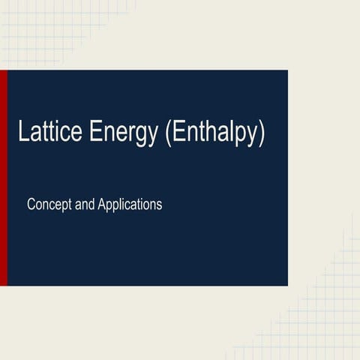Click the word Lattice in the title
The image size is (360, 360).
pyautogui.click(x=49, y=133)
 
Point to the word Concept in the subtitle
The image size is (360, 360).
pyautogui.click(x=49, y=204)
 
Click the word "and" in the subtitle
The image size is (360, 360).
pyautogui.click(x=85, y=203)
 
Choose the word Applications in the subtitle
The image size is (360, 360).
pyautogui.click(x=130, y=205)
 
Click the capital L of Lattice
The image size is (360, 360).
pyautogui.click(x=23, y=133)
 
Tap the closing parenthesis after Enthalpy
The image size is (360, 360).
pyautogui.click(x=261, y=134)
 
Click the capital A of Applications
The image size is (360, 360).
pyautogui.click(x=102, y=203)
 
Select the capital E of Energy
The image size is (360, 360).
pyautogui.click(x=96, y=133)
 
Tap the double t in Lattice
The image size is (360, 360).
pyautogui.click(x=46, y=133)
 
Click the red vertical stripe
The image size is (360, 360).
pyautogui.click(x=3, y=178)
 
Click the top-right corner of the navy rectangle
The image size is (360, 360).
pyautogui.click(x=287, y=71)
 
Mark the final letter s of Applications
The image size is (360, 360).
pyautogui.click(x=159, y=204)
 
